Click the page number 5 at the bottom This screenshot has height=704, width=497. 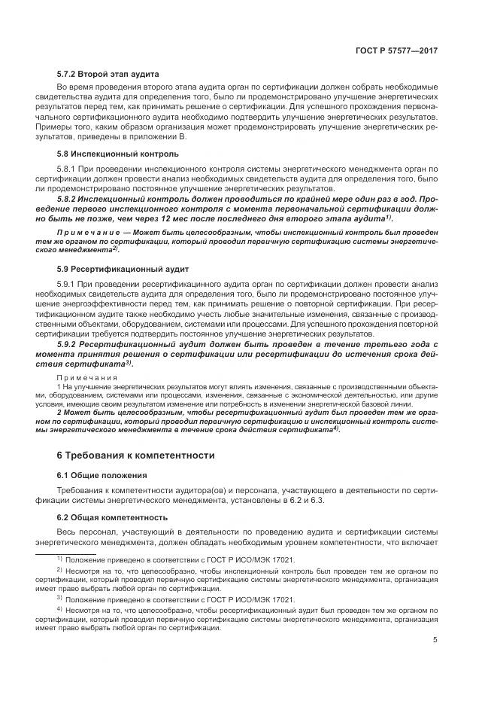tap(435, 640)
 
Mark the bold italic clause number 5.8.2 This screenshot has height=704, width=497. tap(69, 198)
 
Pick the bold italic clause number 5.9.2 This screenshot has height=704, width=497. tap(69, 343)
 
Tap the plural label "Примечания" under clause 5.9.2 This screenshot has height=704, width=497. tap(82, 376)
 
